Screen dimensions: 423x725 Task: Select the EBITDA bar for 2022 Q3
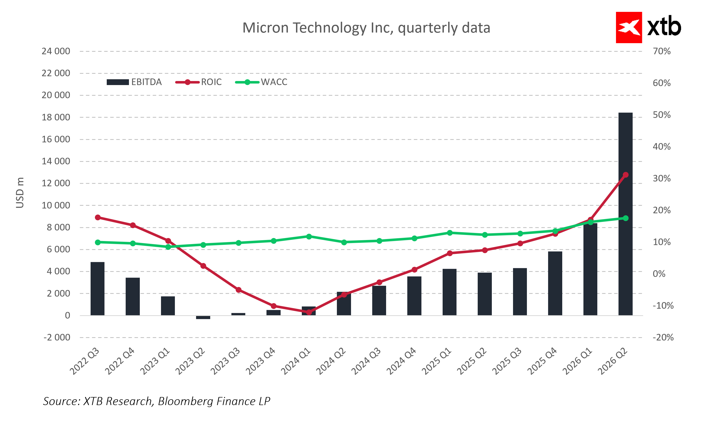[97, 289]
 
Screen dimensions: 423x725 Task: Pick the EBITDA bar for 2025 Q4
[555, 283]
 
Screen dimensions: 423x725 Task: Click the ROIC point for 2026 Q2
[626, 175]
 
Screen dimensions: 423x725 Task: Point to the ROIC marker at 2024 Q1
[309, 312]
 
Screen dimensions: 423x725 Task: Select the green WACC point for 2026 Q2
[626, 218]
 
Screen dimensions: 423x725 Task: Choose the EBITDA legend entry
[134, 82]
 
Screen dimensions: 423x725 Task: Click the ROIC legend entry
[199, 82]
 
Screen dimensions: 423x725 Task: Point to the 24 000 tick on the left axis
[56, 51]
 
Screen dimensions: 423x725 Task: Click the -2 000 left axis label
[57, 337]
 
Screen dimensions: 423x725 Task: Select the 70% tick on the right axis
[661, 51]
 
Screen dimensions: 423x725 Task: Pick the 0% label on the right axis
[659, 274]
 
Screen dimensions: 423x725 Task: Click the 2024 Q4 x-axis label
[401, 361]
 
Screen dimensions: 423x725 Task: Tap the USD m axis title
[20, 193]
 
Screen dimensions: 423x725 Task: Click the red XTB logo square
[629, 28]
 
